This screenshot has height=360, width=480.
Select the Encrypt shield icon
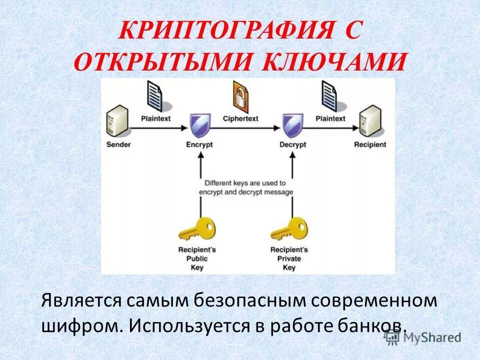[x=199, y=125]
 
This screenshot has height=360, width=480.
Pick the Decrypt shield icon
[x=292, y=125]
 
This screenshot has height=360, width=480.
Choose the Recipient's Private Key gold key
[x=288, y=230]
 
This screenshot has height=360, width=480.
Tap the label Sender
[x=118, y=144]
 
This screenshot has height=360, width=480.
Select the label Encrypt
[x=199, y=144]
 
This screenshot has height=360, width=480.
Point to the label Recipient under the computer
[x=370, y=144]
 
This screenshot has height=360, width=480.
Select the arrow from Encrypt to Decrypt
[x=245, y=128]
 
